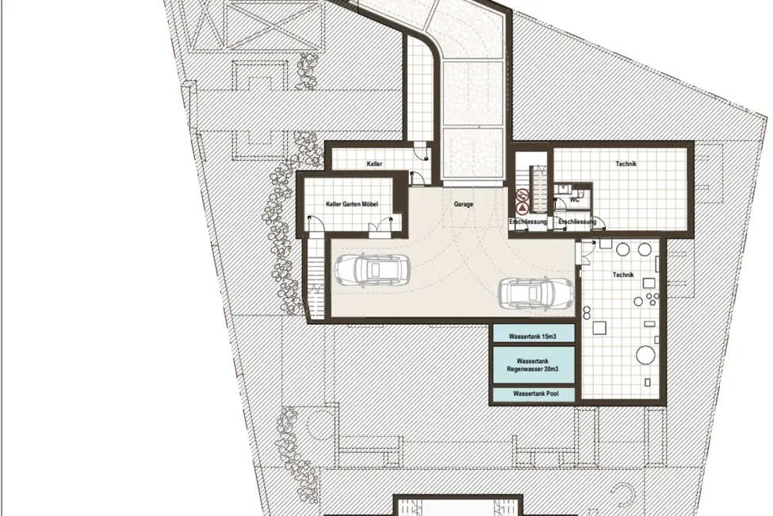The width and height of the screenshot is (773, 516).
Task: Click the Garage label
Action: [464, 204]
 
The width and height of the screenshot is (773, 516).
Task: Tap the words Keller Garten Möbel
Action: [351, 204]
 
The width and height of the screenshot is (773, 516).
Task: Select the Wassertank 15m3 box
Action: [534, 333]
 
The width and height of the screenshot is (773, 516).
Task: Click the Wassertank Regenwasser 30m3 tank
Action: [534, 365]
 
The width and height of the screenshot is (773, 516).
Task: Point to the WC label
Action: [574, 200]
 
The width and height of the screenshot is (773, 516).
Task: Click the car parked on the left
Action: [372, 270]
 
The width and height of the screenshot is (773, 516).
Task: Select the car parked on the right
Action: [537, 293]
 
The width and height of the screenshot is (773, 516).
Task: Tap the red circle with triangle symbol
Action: [522, 207]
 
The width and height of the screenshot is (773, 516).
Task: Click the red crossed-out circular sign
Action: [522, 195]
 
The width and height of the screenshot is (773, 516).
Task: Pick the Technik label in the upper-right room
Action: [626, 164]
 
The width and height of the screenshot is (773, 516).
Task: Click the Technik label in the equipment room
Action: [622, 275]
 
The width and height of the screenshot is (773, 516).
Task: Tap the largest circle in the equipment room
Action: [645, 355]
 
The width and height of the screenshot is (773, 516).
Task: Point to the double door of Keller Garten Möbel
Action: [379, 227]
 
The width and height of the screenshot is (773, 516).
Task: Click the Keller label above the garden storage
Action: [374, 164]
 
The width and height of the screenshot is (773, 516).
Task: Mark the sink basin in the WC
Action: [561, 188]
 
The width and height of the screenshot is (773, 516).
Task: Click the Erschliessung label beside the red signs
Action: [528, 221]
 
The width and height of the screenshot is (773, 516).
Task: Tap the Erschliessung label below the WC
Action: [577, 221]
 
